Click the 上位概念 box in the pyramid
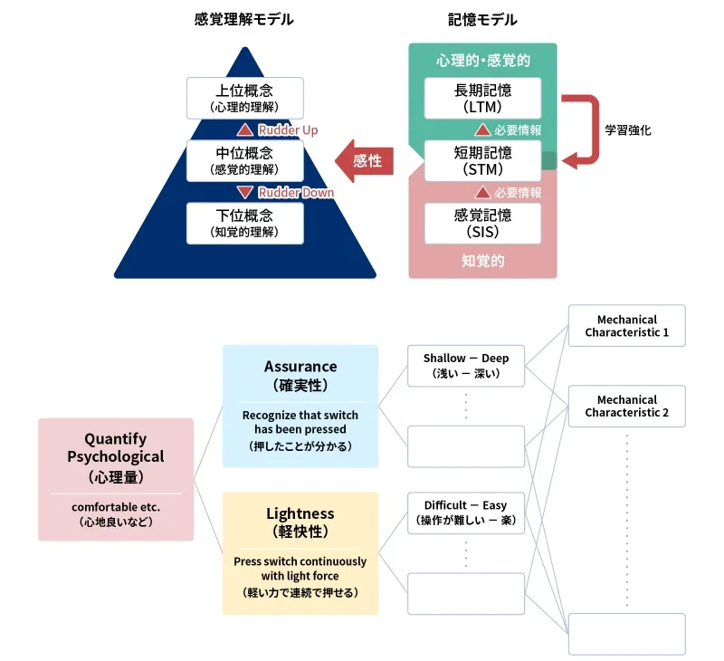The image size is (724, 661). coord(243,98)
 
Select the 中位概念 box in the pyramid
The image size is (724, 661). coord(243,160)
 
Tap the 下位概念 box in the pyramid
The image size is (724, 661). coord(243,223)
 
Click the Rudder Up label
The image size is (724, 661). coord(288,130)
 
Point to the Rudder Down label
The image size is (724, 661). coord(296,192)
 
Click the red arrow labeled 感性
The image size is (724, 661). coord(364,161)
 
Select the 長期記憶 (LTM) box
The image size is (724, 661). coord(482,98)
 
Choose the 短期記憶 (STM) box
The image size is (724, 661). coord(482,160)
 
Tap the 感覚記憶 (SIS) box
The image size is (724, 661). coord(482,223)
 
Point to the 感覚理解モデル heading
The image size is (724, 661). coord(243,19)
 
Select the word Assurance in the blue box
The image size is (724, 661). coord(300,367)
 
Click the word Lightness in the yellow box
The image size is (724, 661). coord(300,513)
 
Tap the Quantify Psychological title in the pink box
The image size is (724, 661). coord(116,447)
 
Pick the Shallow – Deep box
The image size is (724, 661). coord(466,366)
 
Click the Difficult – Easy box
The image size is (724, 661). coord(466,513)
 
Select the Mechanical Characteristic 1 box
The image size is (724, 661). coord(626,326)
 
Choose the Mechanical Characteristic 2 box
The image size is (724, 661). coord(626,406)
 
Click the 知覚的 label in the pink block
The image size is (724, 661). coord(482,261)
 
